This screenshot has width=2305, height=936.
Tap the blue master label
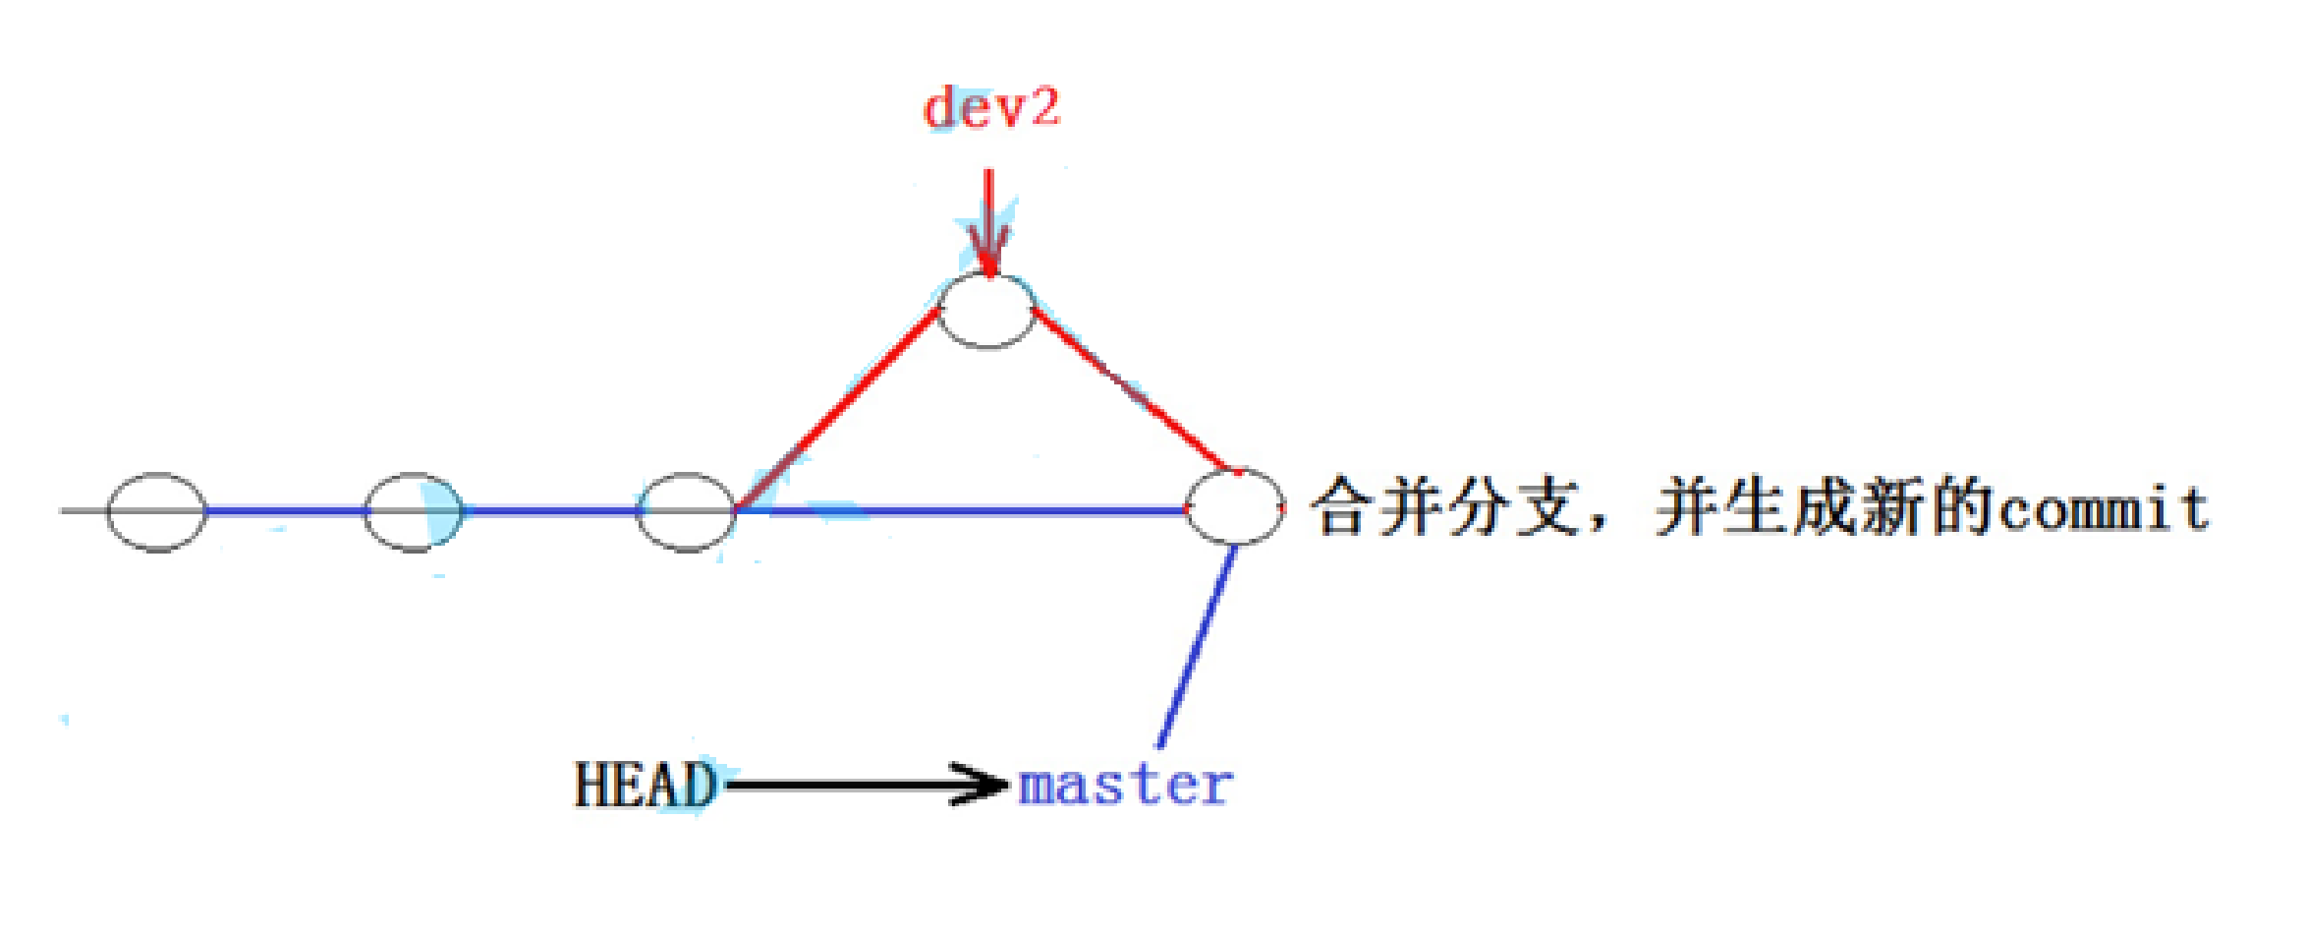tap(1125, 787)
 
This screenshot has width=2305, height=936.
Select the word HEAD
tap(646, 785)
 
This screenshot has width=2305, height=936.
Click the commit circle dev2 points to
tap(986, 312)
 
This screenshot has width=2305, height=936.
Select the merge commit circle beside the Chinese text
tap(1235, 506)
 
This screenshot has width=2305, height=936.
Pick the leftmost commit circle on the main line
tap(156, 512)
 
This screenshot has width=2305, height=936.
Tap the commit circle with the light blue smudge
tap(414, 512)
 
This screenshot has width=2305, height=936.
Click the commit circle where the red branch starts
tap(686, 512)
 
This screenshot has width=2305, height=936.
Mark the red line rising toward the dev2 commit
tap(835, 411)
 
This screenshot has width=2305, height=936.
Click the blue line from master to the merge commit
tap(1197, 647)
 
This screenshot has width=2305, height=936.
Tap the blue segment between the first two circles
tap(285, 511)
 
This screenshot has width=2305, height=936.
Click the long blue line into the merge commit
tap(963, 510)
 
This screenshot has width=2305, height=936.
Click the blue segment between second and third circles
tap(550, 511)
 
